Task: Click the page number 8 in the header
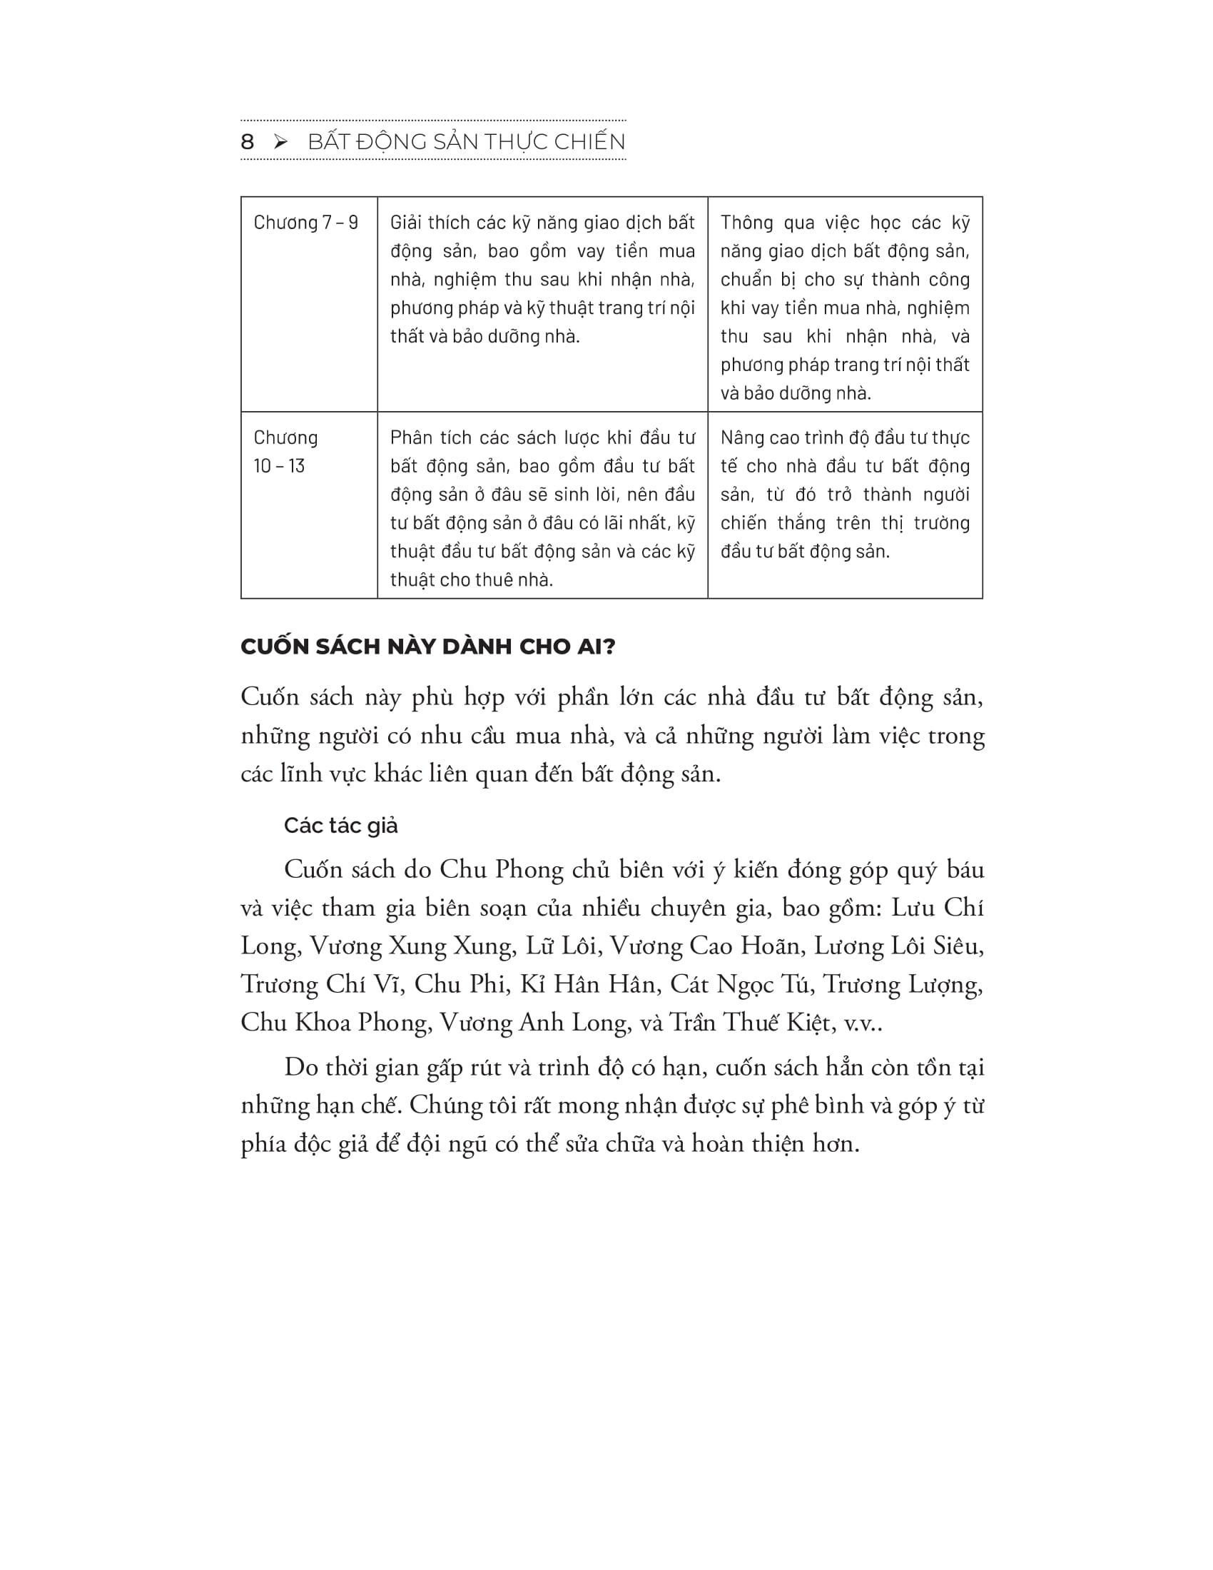pyautogui.click(x=247, y=142)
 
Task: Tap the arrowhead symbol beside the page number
pyautogui.click(x=281, y=142)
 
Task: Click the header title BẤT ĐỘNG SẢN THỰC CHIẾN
pyautogui.click(x=467, y=142)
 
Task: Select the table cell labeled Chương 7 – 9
pyautogui.click(x=306, y=223)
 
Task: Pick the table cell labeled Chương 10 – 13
pyautogui.click(x=286, y=452)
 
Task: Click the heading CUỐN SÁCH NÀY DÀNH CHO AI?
pyautogui.click(x=428, y=647)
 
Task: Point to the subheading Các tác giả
pyautogui.click(x=340, y=825)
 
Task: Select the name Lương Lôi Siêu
pyautogui.click(x=898, y=946)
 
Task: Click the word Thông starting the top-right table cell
pyautogui.click(x=746, y=223)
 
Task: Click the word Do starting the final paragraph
pyautogui.click(x=300, y=1068)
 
